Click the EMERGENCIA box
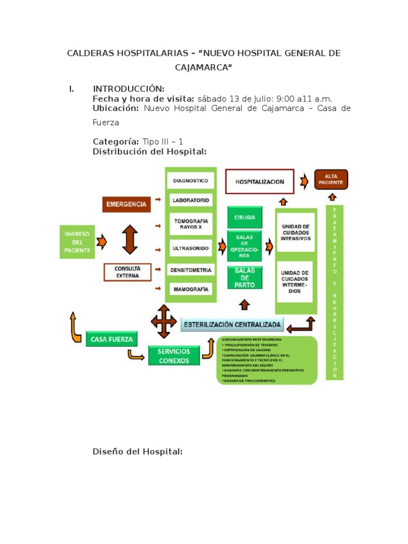click(x=126, y=204)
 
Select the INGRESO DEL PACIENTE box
click(x=78, y=242)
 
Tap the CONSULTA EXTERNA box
click(x=127, y=272)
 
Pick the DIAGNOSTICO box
click(x=191, y=181)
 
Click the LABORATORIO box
click(x=191, y=200)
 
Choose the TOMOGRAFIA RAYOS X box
click(x=191, y=224)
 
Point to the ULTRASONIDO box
click(x=191, y=248)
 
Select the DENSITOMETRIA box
click(x=191, y=270)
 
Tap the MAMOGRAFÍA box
click(x=191, y=290)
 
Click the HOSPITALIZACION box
click(x=260, y=182)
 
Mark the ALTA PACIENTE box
click(x=331, y=180)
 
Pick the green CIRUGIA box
click(x=244, y=217)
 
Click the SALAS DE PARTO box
click(x=244, y=277)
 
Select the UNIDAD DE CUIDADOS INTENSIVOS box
click(x=295, y=232)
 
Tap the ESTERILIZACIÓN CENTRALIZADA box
click(x=232, y=324)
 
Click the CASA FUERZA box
click(x=112, y=338)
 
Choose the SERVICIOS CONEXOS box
click(x=174, y=355)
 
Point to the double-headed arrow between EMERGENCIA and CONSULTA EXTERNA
click(x=130, y=239)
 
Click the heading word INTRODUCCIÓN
click(x=129, y=89)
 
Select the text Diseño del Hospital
click(x=138, y=452)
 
